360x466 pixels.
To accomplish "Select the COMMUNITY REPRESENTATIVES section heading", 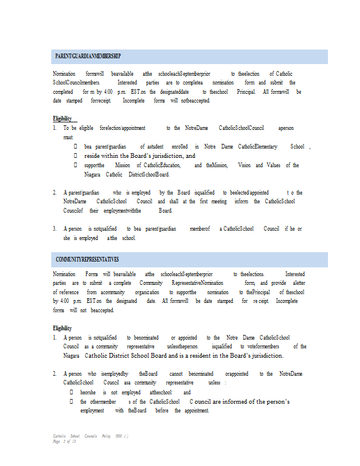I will [87, 259].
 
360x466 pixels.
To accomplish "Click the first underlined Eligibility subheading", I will [62, 118].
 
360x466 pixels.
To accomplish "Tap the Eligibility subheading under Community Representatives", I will [62, 329].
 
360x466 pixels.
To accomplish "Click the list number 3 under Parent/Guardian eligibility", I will [55, 229].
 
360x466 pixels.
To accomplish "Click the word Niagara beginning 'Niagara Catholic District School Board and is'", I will [72, 355].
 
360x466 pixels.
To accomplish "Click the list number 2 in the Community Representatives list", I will [55, 373].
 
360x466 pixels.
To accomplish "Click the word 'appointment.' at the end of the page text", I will [192, 411].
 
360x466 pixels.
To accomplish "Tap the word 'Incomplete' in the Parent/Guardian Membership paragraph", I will [133, 100].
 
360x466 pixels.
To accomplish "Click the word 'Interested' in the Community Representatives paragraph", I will [294, 274].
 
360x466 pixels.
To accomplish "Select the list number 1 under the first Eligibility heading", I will [55, 127].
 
